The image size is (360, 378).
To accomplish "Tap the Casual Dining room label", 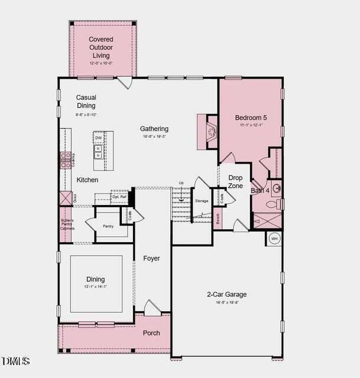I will click(x=86, y=102).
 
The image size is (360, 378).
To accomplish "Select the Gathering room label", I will click(x=154, y=129).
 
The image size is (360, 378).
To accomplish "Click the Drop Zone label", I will click(x=235, y=182).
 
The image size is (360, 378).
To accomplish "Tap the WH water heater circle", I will click(x=274, y=239).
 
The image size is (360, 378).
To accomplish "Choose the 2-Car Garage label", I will click(x=226, y=294).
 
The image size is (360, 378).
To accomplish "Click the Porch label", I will click(x=151, y=333).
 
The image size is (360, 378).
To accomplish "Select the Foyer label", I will click(x=151, y=258).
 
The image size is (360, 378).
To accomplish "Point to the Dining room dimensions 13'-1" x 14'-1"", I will click(x=95, y=286).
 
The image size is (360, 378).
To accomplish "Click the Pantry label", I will click(x=108, y=226).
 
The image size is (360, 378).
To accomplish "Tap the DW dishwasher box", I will click(x=98, y=138).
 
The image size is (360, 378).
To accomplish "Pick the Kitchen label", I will click(x=87, y=180).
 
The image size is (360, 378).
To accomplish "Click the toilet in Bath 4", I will click(x=273, y=205).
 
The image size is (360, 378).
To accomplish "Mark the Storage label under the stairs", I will click(x=202, y=201).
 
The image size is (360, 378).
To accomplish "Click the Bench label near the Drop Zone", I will click(x=218, y=219).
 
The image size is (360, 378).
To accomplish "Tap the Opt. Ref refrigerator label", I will click(x=119, y=197).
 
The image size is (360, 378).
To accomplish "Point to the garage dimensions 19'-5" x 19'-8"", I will click(x=226, y=302).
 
